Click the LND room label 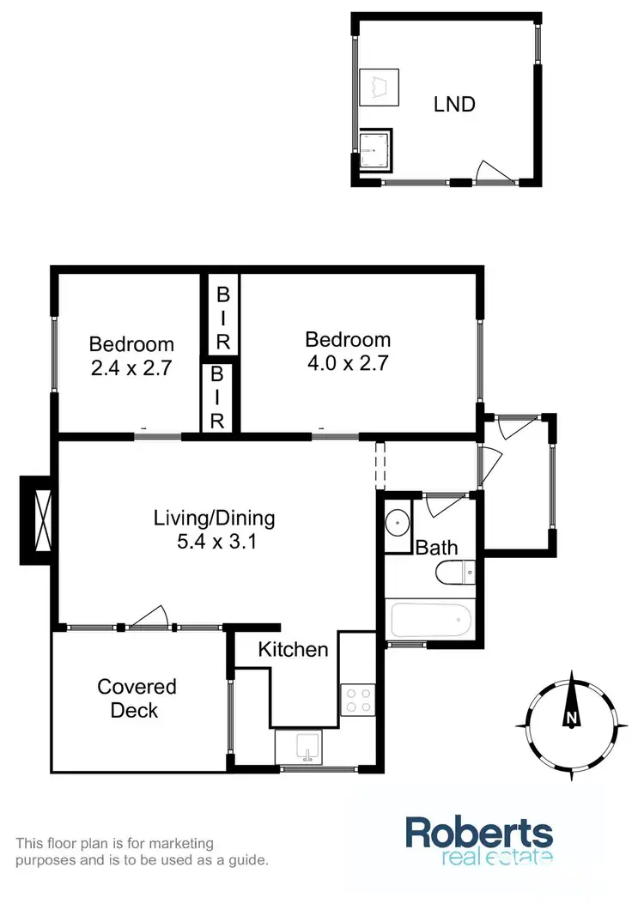454,105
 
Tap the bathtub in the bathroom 430,620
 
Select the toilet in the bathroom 453,573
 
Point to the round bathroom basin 398,522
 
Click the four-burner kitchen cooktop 355,699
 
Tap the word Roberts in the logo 479,834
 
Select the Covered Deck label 137,698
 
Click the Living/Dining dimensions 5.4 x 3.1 214,543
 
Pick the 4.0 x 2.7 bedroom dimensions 348,363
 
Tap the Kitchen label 294,650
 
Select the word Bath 436,548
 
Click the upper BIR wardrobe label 222,317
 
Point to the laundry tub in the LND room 379,85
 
